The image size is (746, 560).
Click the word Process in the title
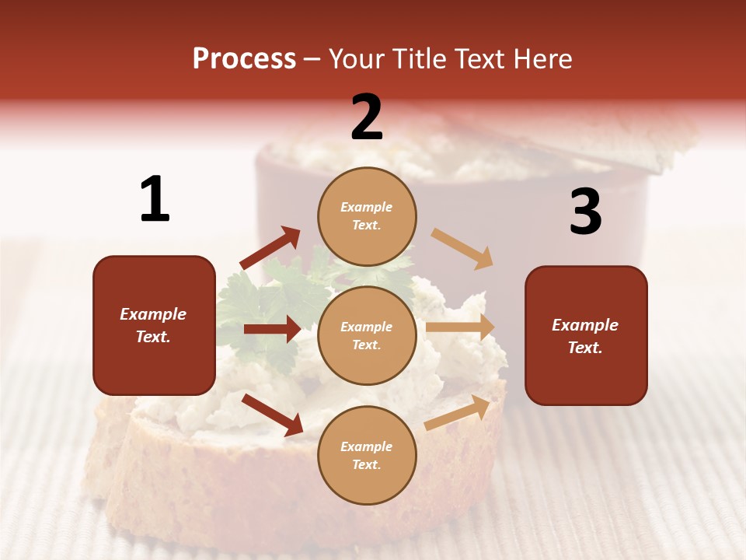pyautogui.click(x=244, y=59)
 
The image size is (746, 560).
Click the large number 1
pyautogui.click(x=155, y=199)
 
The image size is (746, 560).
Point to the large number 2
pyautogui.click(x=367, y=117)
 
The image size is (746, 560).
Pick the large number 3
pyautogui.click(x=585, y=212)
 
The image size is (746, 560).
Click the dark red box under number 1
pyautogui.click(x=154, y=325)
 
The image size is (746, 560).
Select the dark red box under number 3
pyautogui.click(x=586, y=335)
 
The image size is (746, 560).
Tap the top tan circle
pyautogui.click(x=367, y=216)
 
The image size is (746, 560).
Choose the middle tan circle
pyautogui.click(x=367, y=335)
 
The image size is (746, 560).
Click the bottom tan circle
pyautogui.click(x=367, y=455)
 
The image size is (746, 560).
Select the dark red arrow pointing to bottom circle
pyautogui.click(x=273, y=415)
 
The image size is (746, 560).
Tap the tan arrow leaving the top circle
pyautogui.click(x=462, y=248)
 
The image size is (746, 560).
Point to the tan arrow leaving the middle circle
pyautogui.click(x=460, y=327)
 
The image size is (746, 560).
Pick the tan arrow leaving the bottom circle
pyautogui.click(x=458, y=412)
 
